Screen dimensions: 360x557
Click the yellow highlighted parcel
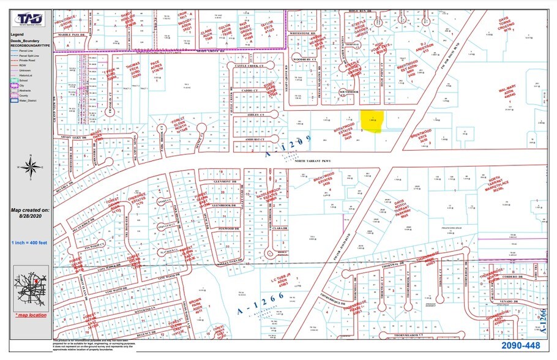(x=372, y=121)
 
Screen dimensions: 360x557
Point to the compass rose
(x=29, y=165)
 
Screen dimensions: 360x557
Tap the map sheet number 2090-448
(x=521, y=347)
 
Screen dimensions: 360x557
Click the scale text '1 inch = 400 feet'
(x=29, y=243)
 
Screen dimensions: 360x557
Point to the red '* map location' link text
(x=30, y=315)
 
